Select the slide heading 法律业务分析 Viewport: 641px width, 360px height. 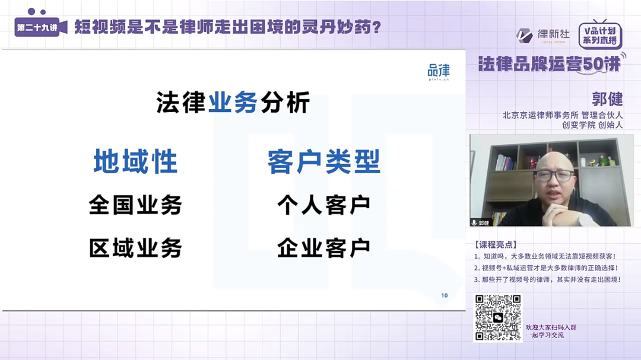tap(233, 103)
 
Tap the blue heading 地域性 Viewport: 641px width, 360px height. tap(135, 162)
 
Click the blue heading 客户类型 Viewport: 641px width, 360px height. tap(323, 162)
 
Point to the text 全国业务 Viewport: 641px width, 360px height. tap(135, 205)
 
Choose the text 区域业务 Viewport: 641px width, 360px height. tap(135, 248)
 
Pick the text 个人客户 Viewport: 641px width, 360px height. tap(323, 205)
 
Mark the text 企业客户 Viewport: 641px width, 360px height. tap(323, 248)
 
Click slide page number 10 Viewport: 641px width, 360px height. tap(445, 295)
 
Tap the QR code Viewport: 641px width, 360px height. tap(497, 318)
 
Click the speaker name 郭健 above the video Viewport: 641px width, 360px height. tap(607, 98)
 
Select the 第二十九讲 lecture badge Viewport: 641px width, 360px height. tap(37, 28)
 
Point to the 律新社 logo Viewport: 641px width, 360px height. tap(542, 35)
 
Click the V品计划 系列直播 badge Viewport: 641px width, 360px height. tap(599, 36)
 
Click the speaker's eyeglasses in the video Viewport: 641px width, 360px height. tap(553, 176)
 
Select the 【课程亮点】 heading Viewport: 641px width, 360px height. tap(496, 244)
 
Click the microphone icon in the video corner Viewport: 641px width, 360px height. tap(474, 222)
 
